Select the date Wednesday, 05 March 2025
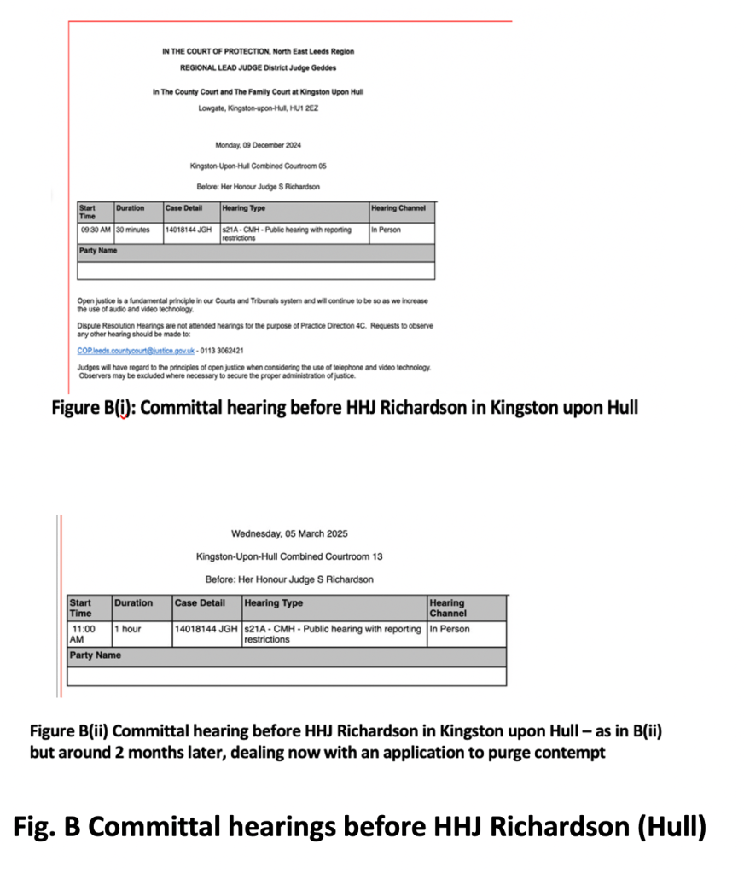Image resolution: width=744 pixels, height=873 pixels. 289,534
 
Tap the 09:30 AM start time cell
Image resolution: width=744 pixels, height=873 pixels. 95,230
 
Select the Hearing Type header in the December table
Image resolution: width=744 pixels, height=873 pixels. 243,207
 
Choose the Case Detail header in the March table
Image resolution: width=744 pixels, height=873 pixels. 200,602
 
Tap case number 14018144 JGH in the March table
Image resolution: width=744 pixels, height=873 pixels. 206,629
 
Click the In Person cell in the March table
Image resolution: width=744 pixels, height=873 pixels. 450,629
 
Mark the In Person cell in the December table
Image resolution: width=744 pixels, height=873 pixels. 386,230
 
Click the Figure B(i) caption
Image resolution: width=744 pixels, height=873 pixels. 345,407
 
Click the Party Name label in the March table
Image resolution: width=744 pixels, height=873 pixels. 95,655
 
